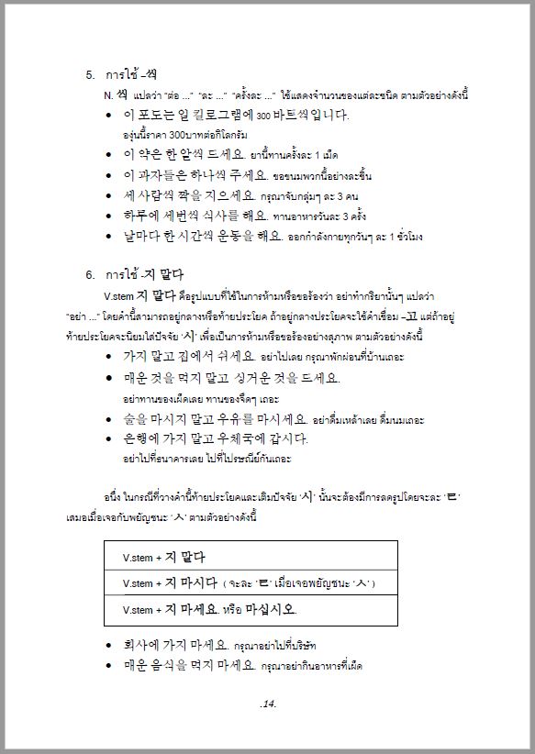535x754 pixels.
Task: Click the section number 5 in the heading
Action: click(90, 74)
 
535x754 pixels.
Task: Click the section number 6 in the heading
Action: click(90, 273)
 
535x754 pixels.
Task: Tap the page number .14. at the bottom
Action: click(268, 704)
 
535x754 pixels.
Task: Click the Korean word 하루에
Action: click(145, 215)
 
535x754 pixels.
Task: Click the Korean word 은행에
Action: click(145, 438)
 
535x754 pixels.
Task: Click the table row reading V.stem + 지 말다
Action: click(251, 557)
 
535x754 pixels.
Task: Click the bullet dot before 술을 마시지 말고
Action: click(110, 419)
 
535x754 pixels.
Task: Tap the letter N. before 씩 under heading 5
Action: click(108, 94)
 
